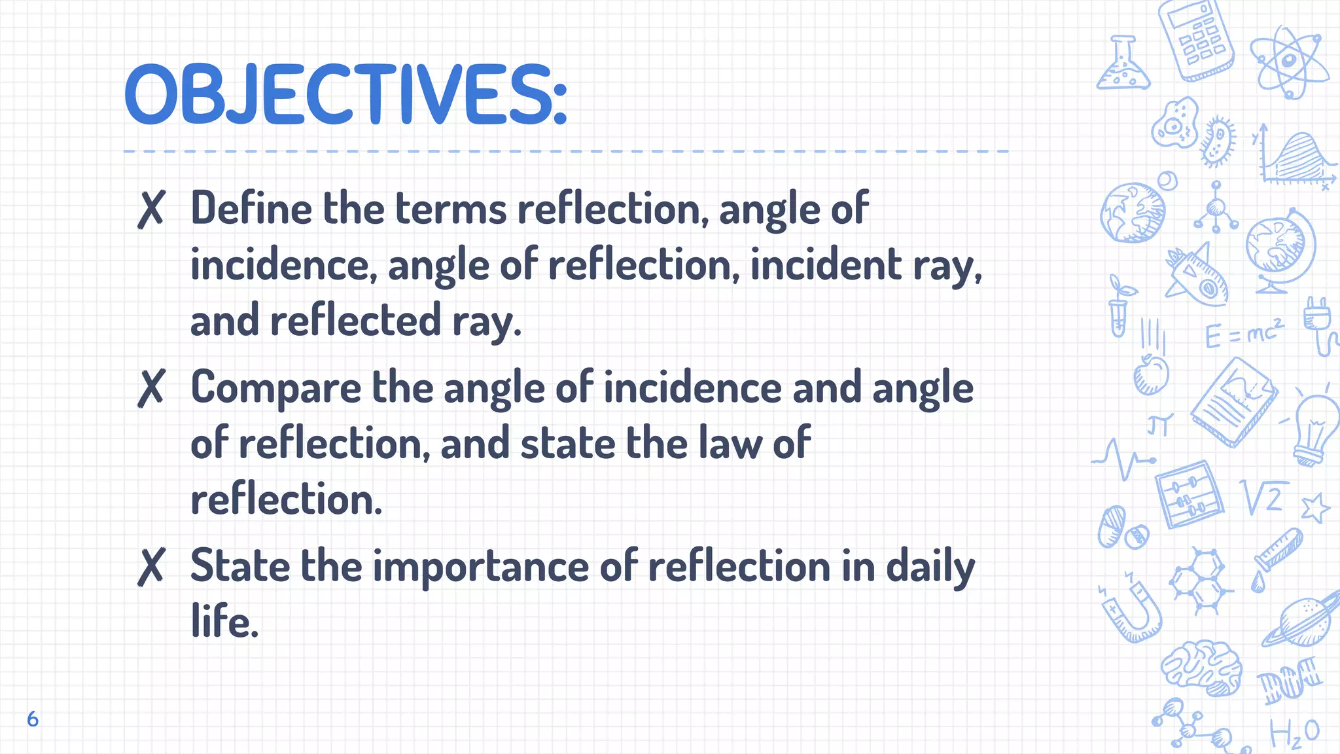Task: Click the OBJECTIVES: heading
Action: pyautogui.click(x=345, y=95)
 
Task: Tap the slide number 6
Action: pyautogui.click(x=33, y=719)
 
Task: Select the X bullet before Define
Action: pyautogui.click(x=151, y=209)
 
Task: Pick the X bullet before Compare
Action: pyautogui.click(x=151, y=387)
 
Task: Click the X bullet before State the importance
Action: pyautogui.click(x=151, y=566)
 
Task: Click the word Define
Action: pyautogui.click(x=251, y=209)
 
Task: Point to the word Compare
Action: pyautogui.click(x=275, y=387)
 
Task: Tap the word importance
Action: pyautogui.click(x=481, y=567)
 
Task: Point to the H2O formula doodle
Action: pyautogui.click(x=1294, y=734)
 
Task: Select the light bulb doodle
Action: pyautogui.click(x=1315, y=429)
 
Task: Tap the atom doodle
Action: pyautogui.click(x=1288, y=62)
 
